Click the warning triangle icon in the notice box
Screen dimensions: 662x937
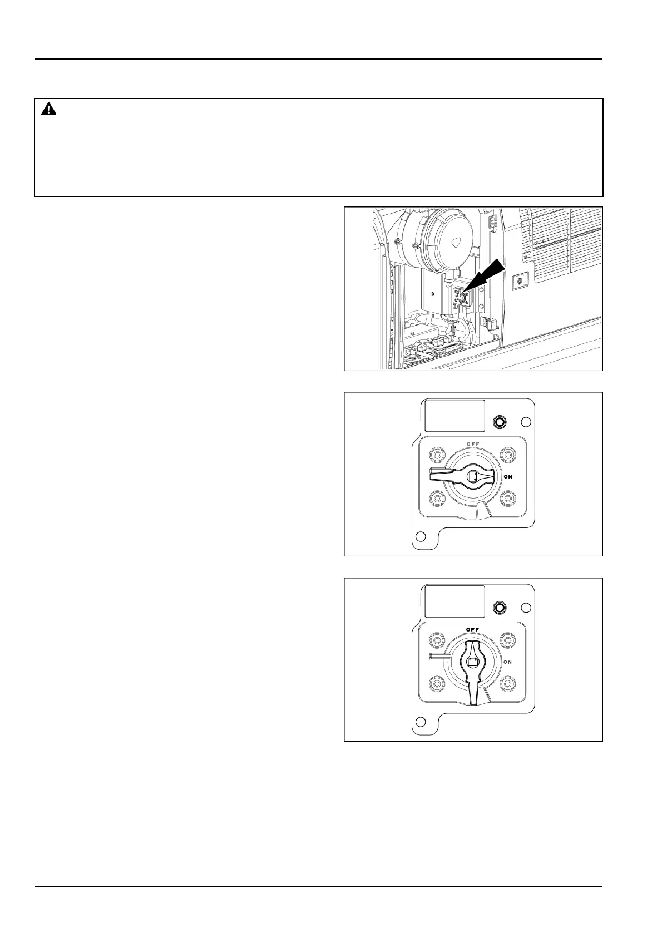click(x=49, y=109)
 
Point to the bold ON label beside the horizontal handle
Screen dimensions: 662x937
click(x=508, y=477)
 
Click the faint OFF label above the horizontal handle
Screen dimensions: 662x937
click(x=473, y=443)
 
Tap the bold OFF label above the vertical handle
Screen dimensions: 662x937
click(x=473, y=629)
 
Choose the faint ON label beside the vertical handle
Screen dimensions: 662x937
click(x=508, y=662)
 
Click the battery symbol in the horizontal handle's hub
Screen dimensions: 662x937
click(x=473, y=476)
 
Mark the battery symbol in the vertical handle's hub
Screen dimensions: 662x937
click(x=473, y=662)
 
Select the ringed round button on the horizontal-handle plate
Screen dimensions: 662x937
click(x=500, y=422)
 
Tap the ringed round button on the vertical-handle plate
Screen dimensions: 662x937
click(x=500, y=608)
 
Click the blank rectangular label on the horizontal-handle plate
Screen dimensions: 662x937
click(x=454, y=416)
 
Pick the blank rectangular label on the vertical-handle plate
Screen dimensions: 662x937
click(x=454, y=601)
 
